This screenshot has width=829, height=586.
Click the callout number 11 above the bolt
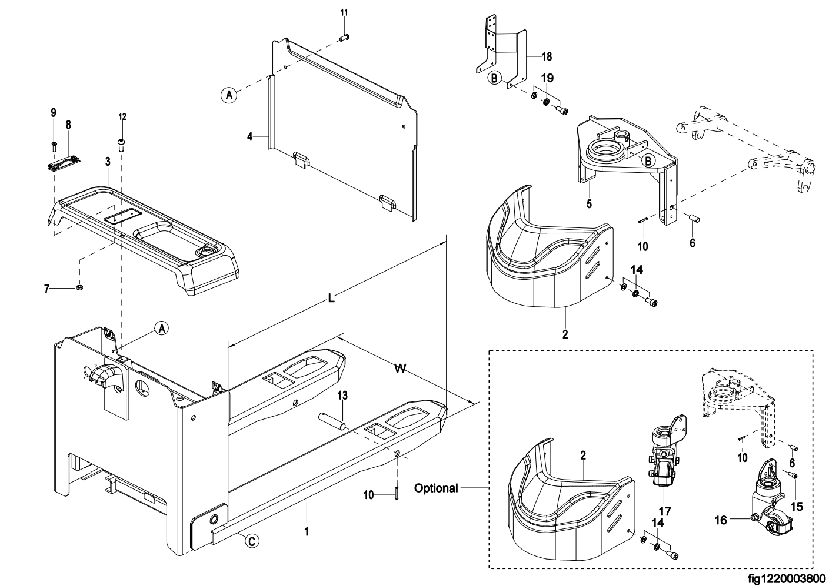[x=344, y=12]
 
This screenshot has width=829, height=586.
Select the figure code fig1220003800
[x=788, y=578]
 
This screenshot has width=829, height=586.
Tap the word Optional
[x=436, y=488]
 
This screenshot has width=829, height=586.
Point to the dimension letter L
[x=331, y=298]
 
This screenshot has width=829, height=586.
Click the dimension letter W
[x=400, y=369]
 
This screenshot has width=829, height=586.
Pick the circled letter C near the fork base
[x=252, y=542]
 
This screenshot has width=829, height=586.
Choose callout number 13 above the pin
[x=342, y=396]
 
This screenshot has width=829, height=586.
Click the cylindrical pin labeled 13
[x=332, y=421]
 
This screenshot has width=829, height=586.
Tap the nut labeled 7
[x=79, y=287]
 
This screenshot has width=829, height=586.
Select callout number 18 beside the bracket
[x=547, y=56]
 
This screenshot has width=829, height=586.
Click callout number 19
[x=547, y=78]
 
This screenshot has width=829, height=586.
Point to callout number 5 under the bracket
[x=589, y=204]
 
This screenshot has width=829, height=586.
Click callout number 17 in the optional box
[x=665, y=511]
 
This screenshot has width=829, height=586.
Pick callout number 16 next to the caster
[x=721, y=520]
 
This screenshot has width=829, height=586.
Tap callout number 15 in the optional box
[x=797, y=507]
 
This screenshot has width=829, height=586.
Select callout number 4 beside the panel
[x=250, y=137]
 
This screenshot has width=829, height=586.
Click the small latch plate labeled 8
[x=64, y=162]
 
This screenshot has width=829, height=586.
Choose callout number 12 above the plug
[x=122, y=117]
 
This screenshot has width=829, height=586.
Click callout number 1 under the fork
[x=306, y=532]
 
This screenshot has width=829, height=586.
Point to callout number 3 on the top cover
[x=108, y=162]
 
